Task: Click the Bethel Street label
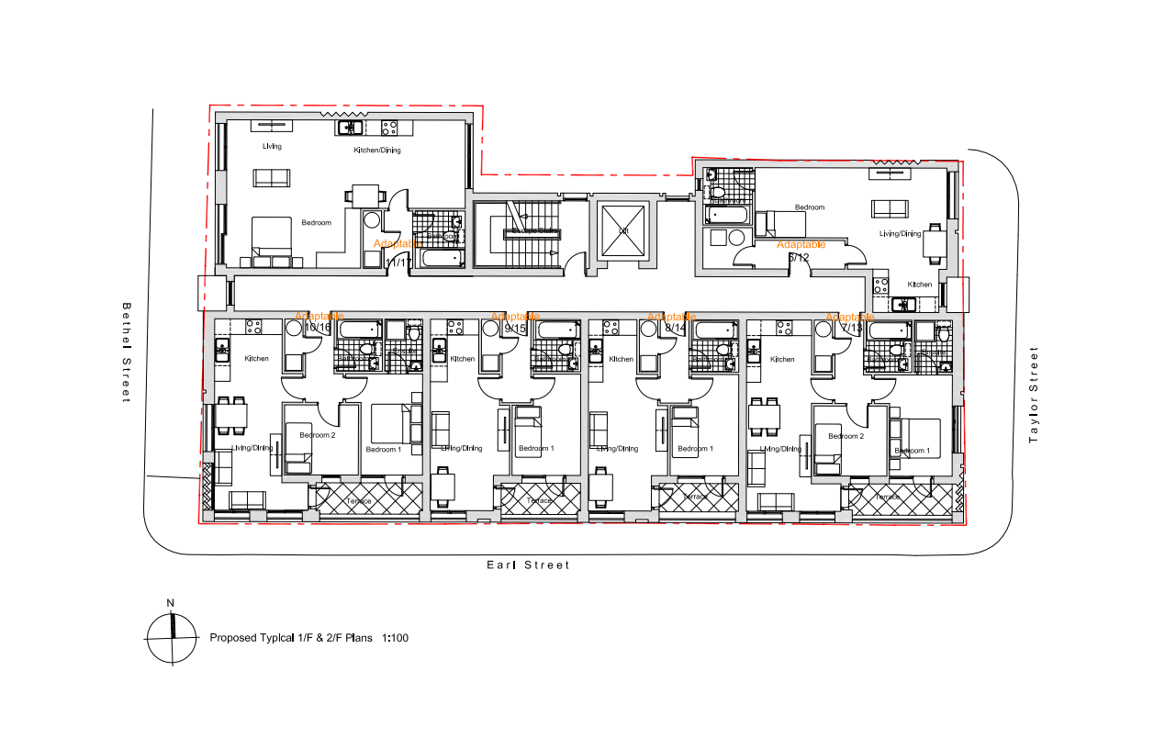coord(127,352)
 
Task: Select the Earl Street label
coord(528,565)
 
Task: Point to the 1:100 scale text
coord(395,637)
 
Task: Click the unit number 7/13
coord(852,328)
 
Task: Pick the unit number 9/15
coord(515,328)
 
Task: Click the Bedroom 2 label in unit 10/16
coord(317,435)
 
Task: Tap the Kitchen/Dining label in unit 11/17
coord(377,150)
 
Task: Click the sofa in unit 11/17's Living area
coord(272,178)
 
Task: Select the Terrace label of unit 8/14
coord(696,497)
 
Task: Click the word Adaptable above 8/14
coord(670,316)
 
